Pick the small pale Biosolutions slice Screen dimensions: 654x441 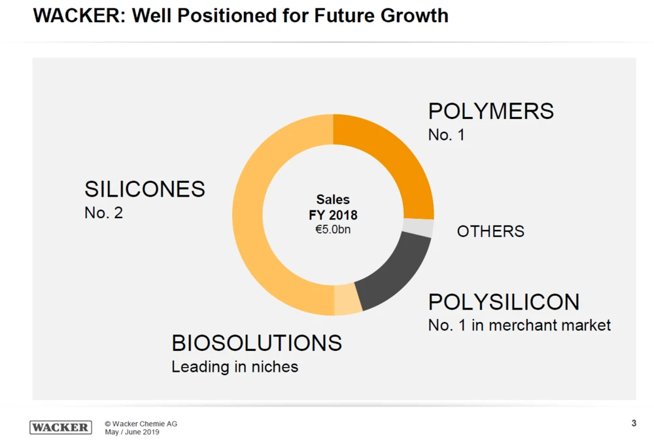click(347, 299)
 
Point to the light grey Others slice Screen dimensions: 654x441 click(419, 227)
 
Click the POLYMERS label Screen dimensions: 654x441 click(491, 111)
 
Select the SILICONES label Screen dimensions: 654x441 click(145, 189)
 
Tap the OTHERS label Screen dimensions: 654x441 click(490, 231)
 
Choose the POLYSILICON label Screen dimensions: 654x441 click(504, 302)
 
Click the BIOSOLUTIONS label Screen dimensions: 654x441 click(256, 343)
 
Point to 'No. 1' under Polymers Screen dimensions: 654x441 click(446, 135)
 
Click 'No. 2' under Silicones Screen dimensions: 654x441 click(103, 212)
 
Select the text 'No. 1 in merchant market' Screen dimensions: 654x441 click(519, 325)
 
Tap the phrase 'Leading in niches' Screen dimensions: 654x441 click(235, 367)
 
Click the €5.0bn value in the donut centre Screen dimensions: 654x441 click(333, 230)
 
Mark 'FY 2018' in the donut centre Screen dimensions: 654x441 click(333, 215)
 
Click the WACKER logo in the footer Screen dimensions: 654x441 click(61, 427)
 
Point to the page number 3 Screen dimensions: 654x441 click(634, 423)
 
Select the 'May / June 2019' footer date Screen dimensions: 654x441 click(132, 433)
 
